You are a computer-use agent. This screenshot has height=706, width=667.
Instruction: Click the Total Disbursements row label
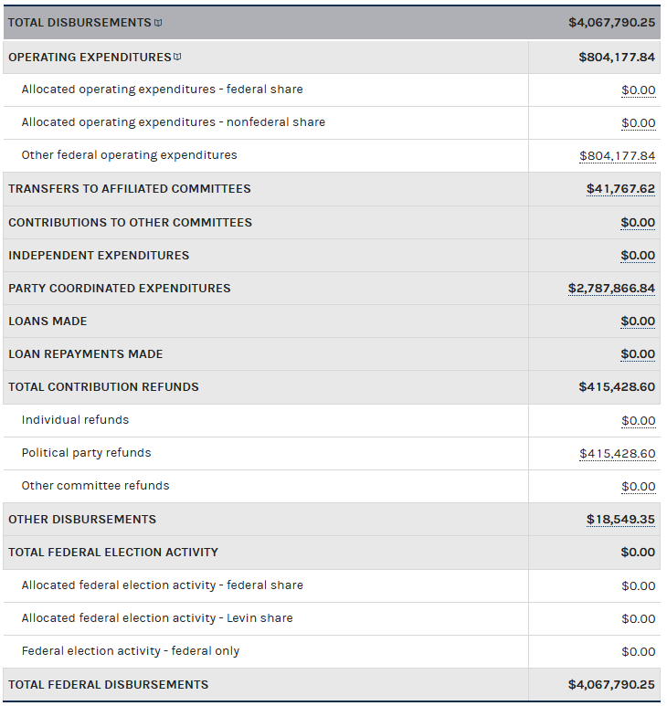coord(79,22)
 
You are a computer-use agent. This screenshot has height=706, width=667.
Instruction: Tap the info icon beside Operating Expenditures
coord(177,57)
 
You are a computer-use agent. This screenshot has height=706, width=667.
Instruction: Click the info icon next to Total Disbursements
coord(158,22)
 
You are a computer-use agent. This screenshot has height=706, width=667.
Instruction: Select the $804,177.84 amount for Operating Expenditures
coord(617,57)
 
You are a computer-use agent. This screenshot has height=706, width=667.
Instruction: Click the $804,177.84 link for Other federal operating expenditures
coord(617,156)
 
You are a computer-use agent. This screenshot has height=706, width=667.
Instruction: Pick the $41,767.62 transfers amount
coord(620,189)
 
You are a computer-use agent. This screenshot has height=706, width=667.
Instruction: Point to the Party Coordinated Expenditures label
coord(119,288)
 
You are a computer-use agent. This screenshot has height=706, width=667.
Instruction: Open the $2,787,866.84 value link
coord(611,289)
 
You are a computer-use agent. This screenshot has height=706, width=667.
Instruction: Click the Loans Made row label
coord(48,321)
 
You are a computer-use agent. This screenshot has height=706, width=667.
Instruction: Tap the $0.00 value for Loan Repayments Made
coord(638,354)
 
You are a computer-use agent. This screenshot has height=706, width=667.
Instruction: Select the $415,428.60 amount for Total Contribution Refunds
coord(617,387)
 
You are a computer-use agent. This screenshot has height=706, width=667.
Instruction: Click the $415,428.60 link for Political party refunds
coord(617,454)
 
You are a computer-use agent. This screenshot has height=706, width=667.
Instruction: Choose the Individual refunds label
coord(75,420)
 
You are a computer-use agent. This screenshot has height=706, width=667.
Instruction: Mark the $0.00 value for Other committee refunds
coord(638,487)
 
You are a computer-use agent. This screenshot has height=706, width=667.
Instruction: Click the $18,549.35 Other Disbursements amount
coord(620,520)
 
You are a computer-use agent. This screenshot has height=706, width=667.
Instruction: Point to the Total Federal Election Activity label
coord(113,552)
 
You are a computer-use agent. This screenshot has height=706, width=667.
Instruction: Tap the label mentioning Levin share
coord(157,618)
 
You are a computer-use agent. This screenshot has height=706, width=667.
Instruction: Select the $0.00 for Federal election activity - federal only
coord(638,651)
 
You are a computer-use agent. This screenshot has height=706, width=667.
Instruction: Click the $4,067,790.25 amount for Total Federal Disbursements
coord(611,685)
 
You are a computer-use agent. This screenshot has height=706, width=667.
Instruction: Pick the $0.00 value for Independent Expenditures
coord(638,256)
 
